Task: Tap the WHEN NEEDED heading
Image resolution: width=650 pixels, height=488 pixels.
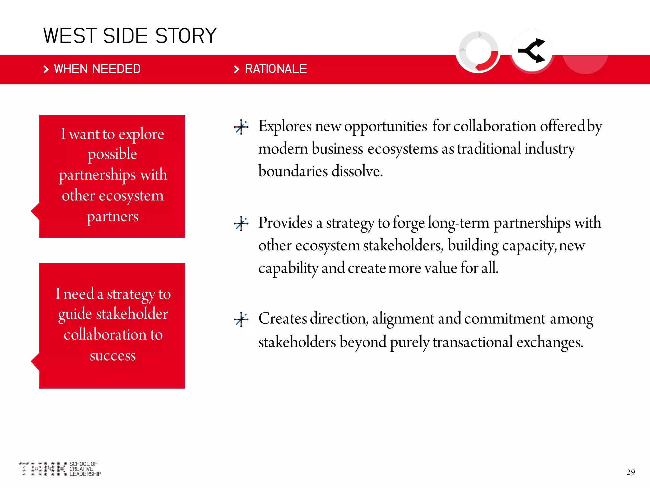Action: point(97,69)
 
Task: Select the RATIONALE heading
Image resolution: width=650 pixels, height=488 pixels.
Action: point(275,69)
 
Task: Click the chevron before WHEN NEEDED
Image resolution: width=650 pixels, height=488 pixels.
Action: point(46,69)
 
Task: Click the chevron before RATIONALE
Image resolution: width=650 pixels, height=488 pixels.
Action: point(236,69)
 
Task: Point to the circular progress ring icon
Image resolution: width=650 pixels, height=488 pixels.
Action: point(478,51)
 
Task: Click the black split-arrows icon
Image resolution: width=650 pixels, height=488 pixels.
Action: point(532,51)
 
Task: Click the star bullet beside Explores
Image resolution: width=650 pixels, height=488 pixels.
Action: point(241,127)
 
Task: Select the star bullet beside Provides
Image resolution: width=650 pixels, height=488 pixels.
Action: point(241,224)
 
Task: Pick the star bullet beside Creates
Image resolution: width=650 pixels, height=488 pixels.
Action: point(241,319)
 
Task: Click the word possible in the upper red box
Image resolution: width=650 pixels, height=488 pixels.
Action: point(112,154)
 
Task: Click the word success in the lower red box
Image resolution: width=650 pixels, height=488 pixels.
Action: point(113,355)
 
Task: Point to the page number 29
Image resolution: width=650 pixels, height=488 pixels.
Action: point(630,472)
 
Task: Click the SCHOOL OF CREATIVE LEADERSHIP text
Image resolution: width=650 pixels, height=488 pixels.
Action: point(85,469)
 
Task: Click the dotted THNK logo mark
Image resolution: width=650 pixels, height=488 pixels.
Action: point(43,469)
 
